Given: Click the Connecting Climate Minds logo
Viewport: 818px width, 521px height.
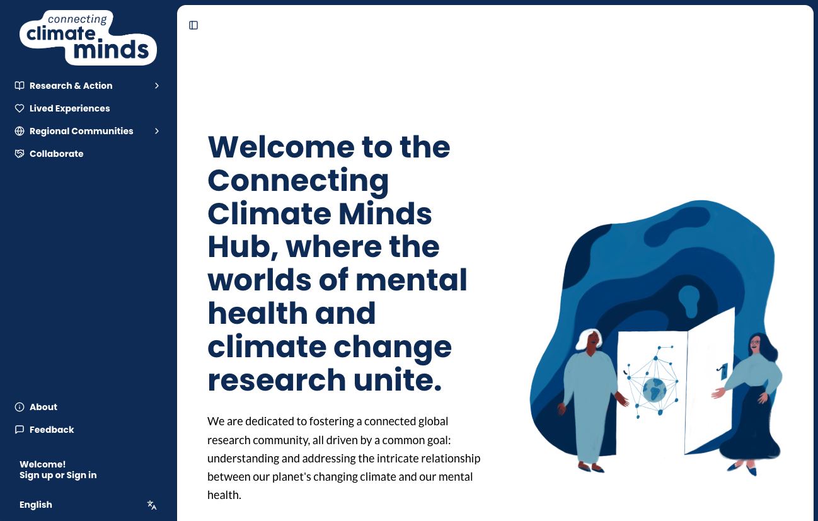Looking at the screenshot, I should (88, 38).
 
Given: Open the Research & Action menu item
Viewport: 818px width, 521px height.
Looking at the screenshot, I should (71, 86).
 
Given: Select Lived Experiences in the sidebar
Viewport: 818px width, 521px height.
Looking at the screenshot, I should (69, 108).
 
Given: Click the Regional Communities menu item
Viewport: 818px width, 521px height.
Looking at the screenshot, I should (81, 131).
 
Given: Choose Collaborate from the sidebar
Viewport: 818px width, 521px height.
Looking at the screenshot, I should (56, 154).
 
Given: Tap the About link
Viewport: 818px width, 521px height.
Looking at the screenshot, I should (43, 407).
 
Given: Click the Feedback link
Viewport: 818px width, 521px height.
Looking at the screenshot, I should (52, 430).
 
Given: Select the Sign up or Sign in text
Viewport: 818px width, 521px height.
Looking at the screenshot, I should (58, 475).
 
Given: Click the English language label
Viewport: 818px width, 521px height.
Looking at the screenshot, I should (36, 505).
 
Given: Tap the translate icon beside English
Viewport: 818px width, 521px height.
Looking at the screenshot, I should (152, 505).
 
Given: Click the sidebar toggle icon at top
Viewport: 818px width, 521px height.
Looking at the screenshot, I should (193, 25).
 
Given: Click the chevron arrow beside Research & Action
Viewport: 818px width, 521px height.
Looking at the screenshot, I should (157, 86).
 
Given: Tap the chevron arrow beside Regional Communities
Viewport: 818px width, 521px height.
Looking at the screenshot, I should (157, 131).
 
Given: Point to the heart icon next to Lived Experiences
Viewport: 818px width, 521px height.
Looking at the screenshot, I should (20, 108).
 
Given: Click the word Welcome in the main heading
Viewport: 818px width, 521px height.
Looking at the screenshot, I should (280, 147).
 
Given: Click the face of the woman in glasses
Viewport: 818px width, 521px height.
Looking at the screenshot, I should (754, 345).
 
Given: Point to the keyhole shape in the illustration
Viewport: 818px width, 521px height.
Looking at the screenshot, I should (689, 300).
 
